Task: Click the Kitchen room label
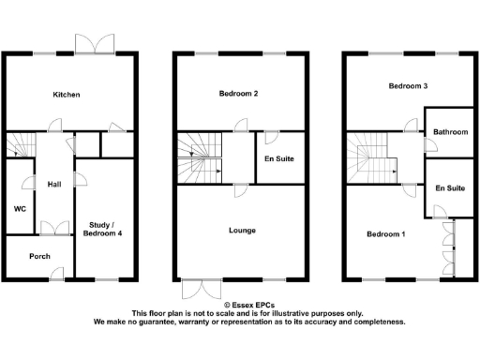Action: pyautogui.click(x=67, y=95)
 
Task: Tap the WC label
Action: pyautogui.click(x=19, y=208)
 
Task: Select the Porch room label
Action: pyautogui.click(x=39, y=256)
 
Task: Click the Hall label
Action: pyautogui.click(x=53, y=184)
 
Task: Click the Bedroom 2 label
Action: pyautogui.click(x=238, y=94)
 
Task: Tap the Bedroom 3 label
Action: pyautogui.click(x=409, y=86)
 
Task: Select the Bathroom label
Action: pyautogui.click(x=450, y=132)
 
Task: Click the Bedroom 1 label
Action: pyautogui.click(x=385, y=233)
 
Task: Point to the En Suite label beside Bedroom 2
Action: pyautogui.click(x=279, y=158)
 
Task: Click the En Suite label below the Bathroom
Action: pyautogui.click(x=450, y=188)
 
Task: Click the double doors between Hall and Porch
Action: pyautogui.click(x=54, y=225)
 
